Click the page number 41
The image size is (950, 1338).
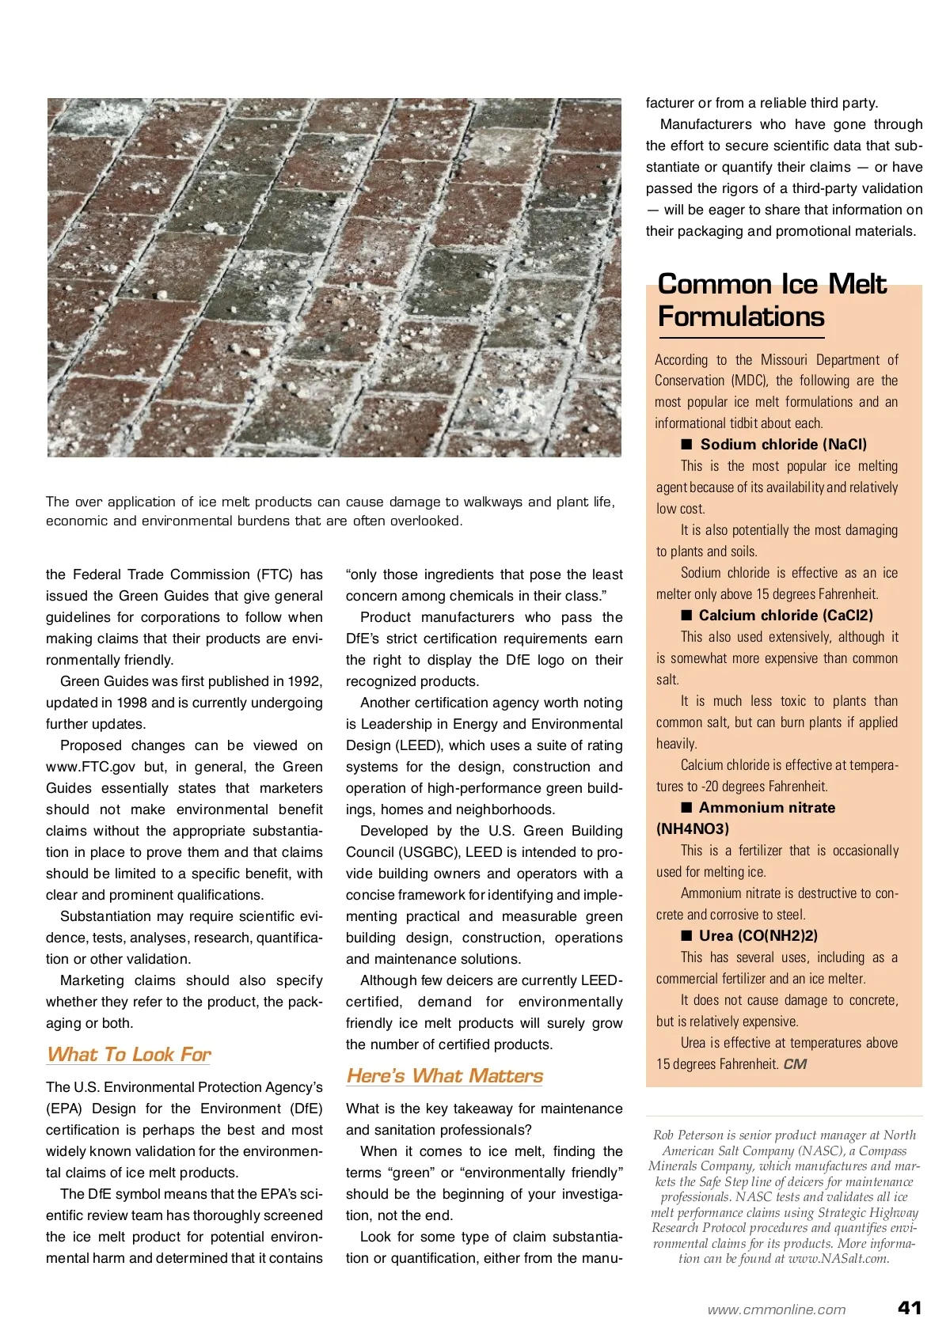pyautogui.click(x=910, y=1307)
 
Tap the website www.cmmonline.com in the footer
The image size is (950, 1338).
pyautogui.click(x=776, y=1310)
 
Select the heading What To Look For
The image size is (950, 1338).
pyautogui.click(x=129, y=1054)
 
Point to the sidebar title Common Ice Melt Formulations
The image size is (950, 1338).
pyautogui.click(x=772, y=300)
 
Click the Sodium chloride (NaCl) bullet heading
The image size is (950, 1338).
pyautogui.click(x=783, y=444)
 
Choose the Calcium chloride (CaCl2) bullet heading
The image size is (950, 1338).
pyautogui.click(x=785, y=615)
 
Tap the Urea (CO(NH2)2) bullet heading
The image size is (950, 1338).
pyautogui.click(x=758, y=935)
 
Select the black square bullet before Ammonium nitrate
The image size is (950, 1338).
pyautogui.click(x=686, y=807)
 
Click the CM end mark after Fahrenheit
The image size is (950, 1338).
pyautogui.click(x=795, y=1064)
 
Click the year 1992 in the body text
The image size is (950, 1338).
pyautogui.click(x=305, y=681)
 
